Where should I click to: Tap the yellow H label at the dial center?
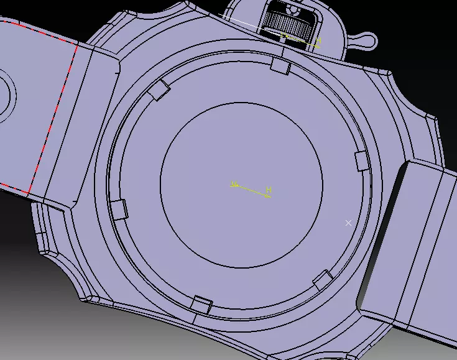(269, 189)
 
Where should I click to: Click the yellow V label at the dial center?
(234, 183)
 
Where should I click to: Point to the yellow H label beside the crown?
(318, 40)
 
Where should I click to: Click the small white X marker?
(348, 223)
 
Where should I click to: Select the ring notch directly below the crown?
(280, 65)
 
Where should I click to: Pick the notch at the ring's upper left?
(160, 91)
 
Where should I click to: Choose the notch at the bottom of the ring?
(200, 305)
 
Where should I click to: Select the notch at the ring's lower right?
(323, 280)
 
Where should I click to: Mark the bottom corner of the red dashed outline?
(29, 193)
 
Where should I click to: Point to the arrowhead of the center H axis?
(267, 196)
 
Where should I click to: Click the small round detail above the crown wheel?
(290, 8)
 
